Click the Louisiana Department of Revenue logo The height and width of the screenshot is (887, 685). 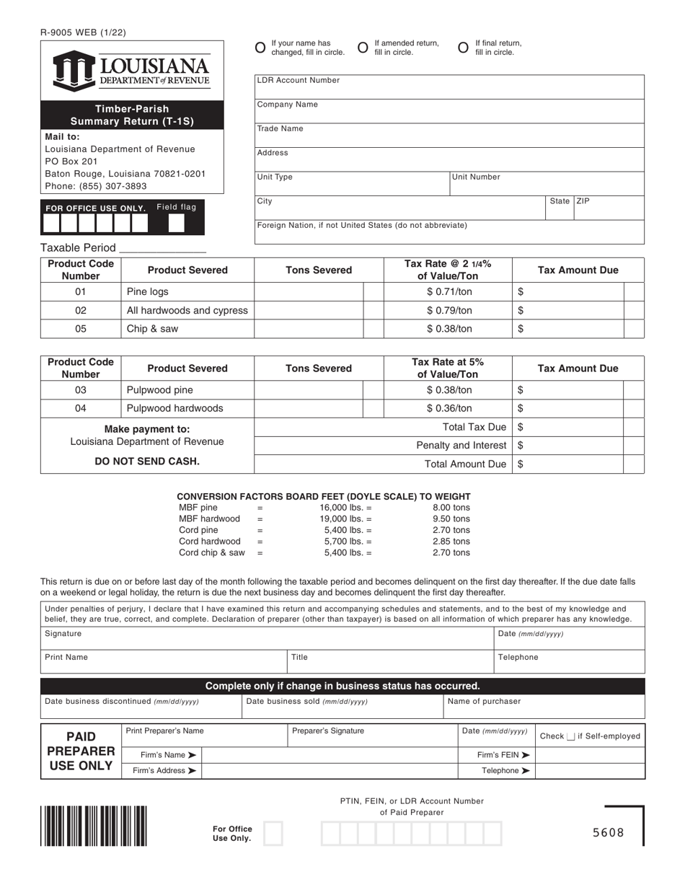click(x=132, y=71)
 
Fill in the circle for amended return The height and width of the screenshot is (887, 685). click(x=363, y=48)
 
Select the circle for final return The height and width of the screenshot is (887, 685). click(x=464, y=48)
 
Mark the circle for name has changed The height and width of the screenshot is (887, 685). click(x=260, y=48)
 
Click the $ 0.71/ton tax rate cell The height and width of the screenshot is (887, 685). click(x=448, y=291)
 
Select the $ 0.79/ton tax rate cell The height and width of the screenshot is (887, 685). click(x=448, y=310)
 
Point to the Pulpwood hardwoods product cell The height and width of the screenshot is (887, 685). click(x=175, y=408)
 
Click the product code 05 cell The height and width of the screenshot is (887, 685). click(x=81, y=329)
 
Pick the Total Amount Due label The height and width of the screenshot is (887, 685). click(x=465, y=464)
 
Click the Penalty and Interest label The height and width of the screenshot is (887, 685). click(x=461, y=446)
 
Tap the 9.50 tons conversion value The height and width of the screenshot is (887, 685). click(x=451, y=518)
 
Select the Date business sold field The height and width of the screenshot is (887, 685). click(x=342, y=707)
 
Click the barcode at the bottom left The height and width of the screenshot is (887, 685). click(x=94, y=825)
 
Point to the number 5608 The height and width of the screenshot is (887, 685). click(x=608, y=834)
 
